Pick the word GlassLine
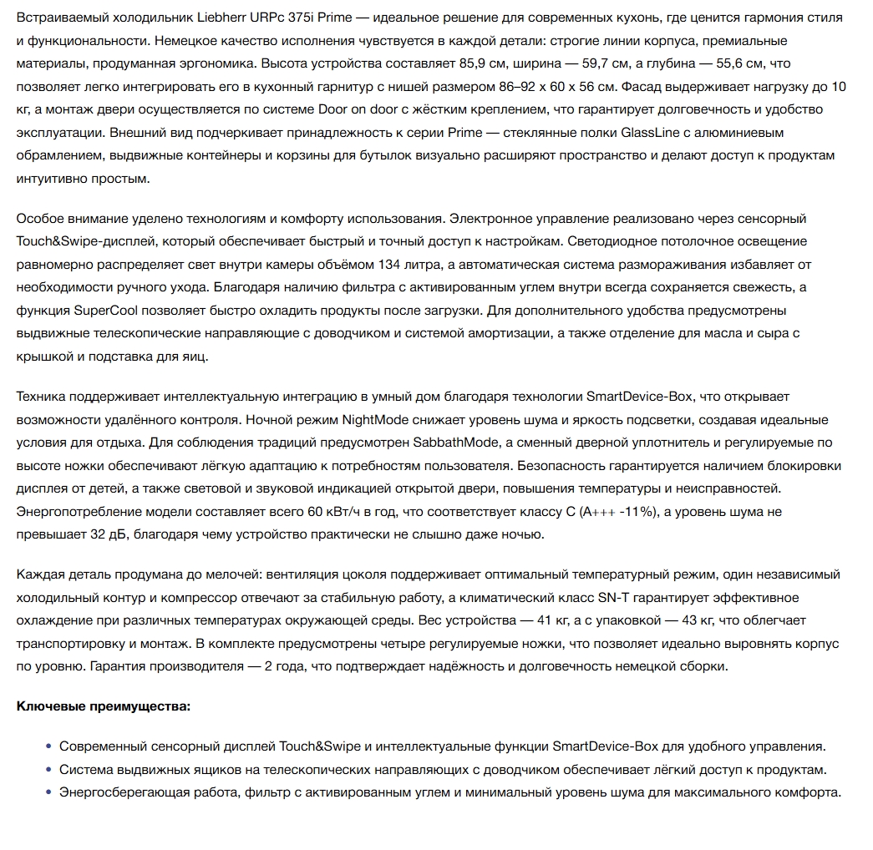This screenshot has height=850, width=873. coord(650,133)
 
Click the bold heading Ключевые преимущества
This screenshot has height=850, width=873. coord(104,706)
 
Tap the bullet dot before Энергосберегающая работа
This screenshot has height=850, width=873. coord(50,792)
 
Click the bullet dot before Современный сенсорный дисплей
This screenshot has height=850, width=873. coord(50,746)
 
